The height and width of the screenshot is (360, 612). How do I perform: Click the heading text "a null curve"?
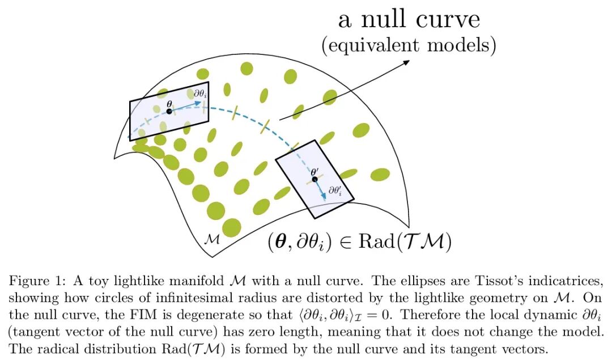pyautogui.click(x=409, y=20)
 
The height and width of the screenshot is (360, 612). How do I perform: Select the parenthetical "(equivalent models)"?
pyautogui.click(x=409, y=45)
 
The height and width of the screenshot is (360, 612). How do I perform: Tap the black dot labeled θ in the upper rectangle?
pyautogui.click(x=169, y=111)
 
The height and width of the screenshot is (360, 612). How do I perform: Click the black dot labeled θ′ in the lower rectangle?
pyautogui.click(x=314, y=179)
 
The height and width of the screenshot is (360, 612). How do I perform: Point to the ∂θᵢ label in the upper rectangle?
pyautogui.click(x=199, y=94)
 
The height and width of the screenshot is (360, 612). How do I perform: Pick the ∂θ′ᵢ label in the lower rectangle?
pyautogui.click(x=335, y=190)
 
